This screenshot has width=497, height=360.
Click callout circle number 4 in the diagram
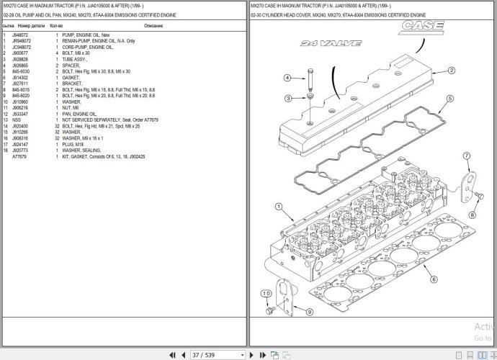(287, 78)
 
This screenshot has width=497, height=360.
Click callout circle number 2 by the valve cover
(451, 71)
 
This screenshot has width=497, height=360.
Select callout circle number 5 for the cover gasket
(449, 99)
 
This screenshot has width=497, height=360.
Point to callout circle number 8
(473, 215)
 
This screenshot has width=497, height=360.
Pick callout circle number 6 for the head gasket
(434, 279)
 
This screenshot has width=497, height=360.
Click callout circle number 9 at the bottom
(309, 312)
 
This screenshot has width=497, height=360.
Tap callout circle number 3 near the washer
(287, 99)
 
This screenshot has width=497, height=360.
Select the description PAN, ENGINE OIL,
(79, 114)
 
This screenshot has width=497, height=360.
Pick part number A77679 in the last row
(19, 156)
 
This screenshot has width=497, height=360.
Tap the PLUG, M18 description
(74, 145)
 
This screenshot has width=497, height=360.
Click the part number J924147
(22, 145)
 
